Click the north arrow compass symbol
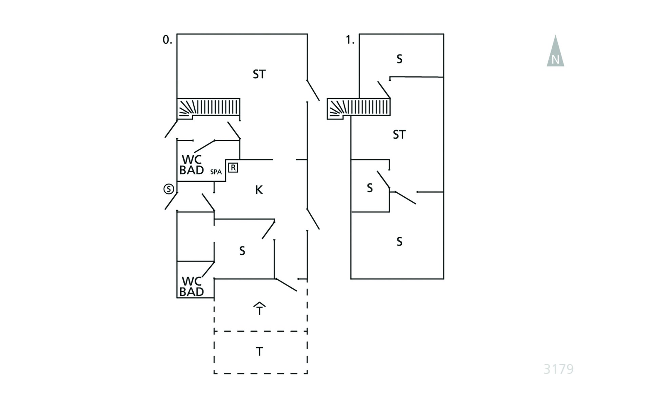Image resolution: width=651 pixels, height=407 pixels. click(555, 52)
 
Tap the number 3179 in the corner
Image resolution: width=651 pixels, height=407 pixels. click(558, 369)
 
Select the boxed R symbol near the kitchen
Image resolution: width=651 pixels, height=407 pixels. click(233, 168)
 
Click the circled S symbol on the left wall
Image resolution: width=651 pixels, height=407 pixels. click(169, 189)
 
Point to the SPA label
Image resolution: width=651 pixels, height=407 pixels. click(216, 172)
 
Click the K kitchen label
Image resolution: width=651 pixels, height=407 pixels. click(259, 190)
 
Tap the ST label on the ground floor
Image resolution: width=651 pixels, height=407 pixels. click(259, 74)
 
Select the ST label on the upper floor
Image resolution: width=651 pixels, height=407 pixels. click(399, 135)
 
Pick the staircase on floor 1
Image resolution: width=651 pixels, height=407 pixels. click(359, 108)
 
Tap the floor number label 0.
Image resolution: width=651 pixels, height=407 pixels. click(167, 40)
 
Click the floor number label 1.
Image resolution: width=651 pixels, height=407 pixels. click(350, 40)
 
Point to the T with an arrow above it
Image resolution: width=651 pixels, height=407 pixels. click(259, 309)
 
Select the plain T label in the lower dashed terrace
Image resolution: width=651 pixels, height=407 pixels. click(259, 352)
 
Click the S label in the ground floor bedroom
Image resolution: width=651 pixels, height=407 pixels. click(242, 251)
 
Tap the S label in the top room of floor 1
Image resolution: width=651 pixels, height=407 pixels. click(399, 59)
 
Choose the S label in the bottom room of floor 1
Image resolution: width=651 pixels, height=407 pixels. click(399, 242)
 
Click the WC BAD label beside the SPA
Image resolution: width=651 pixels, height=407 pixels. click(192, 165)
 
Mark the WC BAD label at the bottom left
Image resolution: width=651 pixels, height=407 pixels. click(192, 287)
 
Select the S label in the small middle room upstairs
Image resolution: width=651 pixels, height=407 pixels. click(370, 188)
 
